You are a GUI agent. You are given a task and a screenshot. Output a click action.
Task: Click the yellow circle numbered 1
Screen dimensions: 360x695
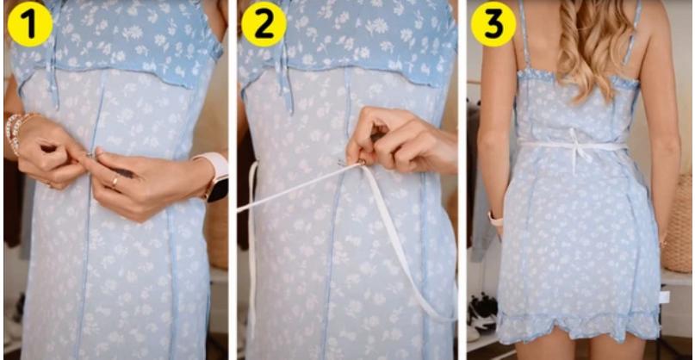click(29, 24)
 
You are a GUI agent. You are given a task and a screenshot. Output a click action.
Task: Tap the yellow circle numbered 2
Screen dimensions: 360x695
click(263, 24)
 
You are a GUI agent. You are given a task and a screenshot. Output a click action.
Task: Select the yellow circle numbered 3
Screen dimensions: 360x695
click(493, 24)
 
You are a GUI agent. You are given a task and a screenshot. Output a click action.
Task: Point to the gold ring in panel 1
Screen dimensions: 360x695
click(115, 182)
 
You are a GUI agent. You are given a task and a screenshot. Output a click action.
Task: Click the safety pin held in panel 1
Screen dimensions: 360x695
click(89, 155)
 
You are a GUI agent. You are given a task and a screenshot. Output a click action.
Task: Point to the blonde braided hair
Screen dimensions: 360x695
click(591, 43)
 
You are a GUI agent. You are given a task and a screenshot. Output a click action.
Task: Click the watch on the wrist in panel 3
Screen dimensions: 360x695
click(495, 219)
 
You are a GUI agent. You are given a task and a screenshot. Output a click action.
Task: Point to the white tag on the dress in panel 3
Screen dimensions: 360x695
click(664, 296)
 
